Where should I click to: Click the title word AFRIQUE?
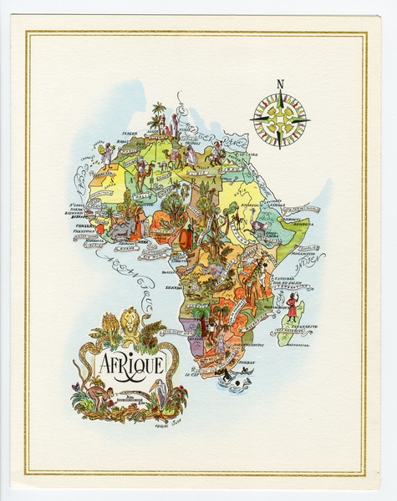click(x=132, y=364)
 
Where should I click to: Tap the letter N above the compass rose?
click(x=280, y=83)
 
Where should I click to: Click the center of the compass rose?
click(x=280, y=119)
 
